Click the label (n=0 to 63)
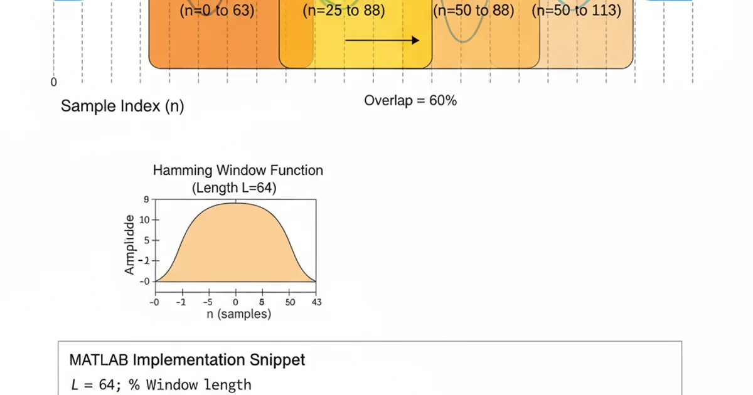coord(217,11)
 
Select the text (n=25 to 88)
coord(343,11)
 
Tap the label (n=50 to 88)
coord(473,11)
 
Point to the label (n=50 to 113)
coord(576,11)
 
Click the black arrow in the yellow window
coord(382,41)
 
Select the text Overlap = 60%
coord(410,100)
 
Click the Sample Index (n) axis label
coord(122,106)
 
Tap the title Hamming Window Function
coord(238,171)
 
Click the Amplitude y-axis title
coord(130,245)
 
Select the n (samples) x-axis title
coord(239,314)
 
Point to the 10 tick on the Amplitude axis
coord(144,220)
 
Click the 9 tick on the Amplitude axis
coord(146,200)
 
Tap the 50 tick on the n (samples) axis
coord(289,302)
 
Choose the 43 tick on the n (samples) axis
coord(316,302)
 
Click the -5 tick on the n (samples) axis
coord(208,302)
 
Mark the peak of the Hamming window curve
coord(236,203)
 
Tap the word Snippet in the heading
coord(278,360)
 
